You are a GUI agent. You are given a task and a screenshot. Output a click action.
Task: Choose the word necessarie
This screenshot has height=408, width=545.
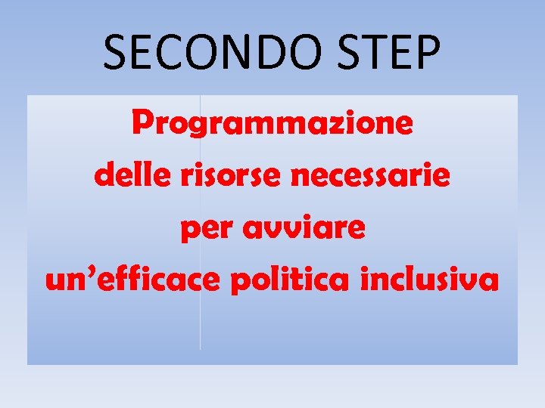click(x=371, y=177)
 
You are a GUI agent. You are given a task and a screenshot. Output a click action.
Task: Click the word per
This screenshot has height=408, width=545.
click(x=203, y=230)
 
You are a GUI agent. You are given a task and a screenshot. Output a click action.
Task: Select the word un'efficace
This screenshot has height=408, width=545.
click(x=133, y=280)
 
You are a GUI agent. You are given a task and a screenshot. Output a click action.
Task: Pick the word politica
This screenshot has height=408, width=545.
click(x=292, y=280)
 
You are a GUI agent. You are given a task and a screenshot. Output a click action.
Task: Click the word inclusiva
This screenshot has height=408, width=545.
click(x=430, y=280)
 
